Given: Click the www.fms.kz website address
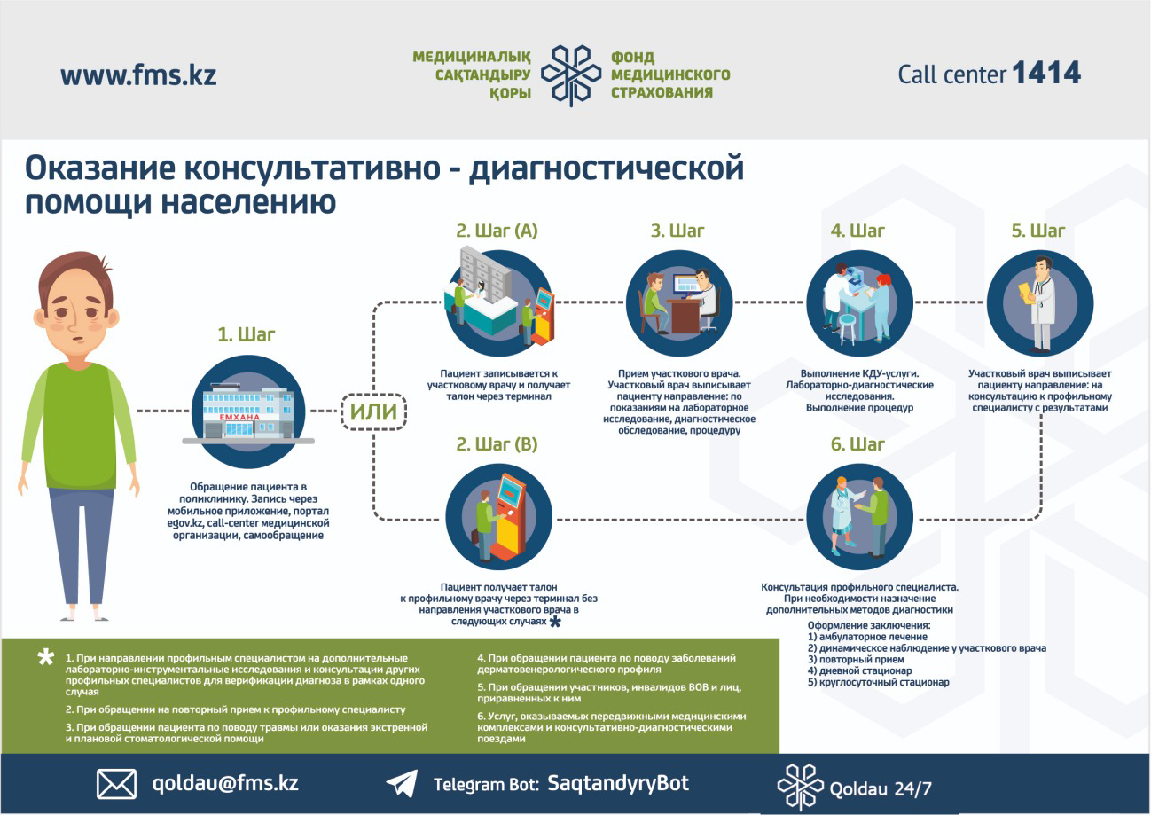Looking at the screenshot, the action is (x=138, y=75).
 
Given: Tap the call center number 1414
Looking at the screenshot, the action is (x=1047, y=73).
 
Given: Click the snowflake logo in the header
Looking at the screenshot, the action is (x=571, y=75).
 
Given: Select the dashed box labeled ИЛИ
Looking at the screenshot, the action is (x=373, y=411).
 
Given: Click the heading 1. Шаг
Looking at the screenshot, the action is (x=247, y=334).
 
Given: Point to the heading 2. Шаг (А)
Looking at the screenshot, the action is (x=497, y=231).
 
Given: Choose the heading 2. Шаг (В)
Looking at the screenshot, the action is (x=497, y=444).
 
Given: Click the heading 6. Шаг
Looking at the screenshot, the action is (x=857, y=444).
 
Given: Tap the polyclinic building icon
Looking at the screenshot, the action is (x=248, y=413).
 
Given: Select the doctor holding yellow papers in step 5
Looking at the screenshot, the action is (x=1038, y=304).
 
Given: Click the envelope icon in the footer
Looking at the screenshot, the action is (x=117, y=784).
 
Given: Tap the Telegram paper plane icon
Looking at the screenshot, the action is (x=402, y=783).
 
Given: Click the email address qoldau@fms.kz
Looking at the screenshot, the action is (x=225, y=782).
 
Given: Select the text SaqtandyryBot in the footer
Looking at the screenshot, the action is (x=618, y=783).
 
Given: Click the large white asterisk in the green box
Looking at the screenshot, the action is (x=46, y=658).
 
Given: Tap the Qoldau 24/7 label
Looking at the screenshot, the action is (x=881, y=788).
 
